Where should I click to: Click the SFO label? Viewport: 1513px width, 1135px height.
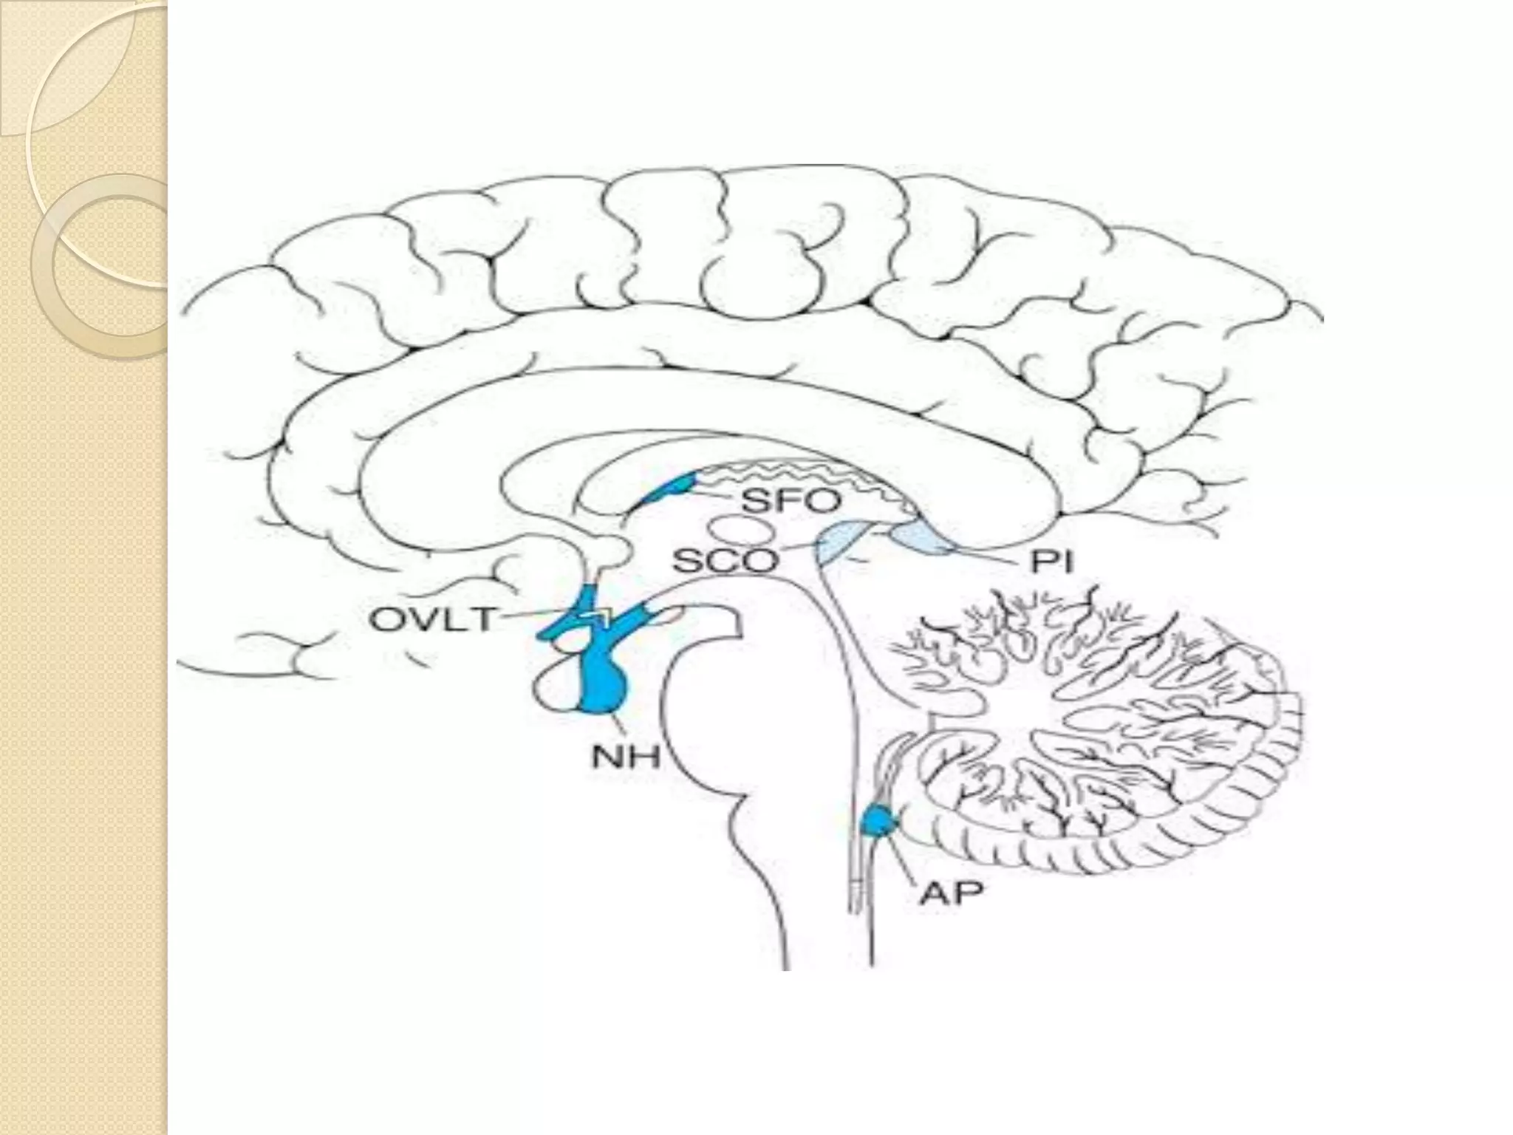[x=790, y=502]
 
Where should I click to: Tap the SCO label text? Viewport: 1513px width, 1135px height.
[x=725, y=563]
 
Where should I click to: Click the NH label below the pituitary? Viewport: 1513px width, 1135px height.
[x=625, y=757]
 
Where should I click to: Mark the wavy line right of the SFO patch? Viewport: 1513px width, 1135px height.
[x=798, y=474]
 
